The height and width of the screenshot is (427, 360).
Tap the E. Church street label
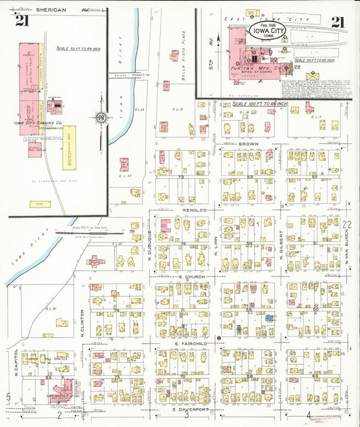coord(191,277)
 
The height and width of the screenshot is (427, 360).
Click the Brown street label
coord(249,145)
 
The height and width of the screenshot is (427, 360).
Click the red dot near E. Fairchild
coord(219,336)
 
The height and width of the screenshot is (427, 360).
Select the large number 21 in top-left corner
coord(22,20)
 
